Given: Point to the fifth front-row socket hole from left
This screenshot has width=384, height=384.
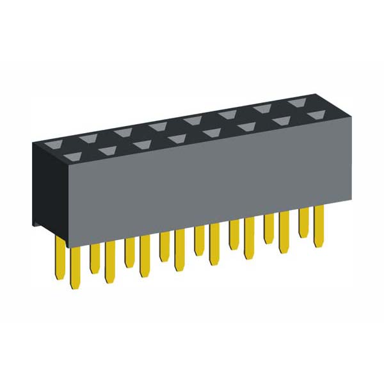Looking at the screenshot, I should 212,132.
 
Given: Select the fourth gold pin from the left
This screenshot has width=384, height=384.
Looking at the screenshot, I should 110,262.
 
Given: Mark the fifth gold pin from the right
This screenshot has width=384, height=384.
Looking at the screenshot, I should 250,240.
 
